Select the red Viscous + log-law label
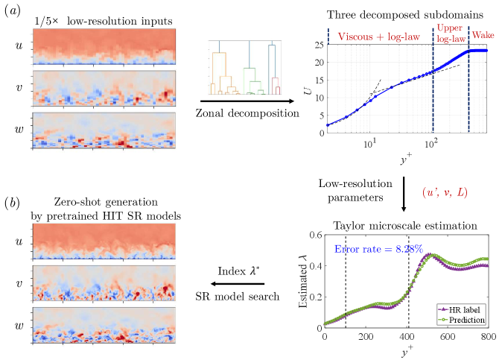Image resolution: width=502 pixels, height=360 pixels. [x=376, y=35]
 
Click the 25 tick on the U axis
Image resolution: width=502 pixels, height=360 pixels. [x=318, y=45]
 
